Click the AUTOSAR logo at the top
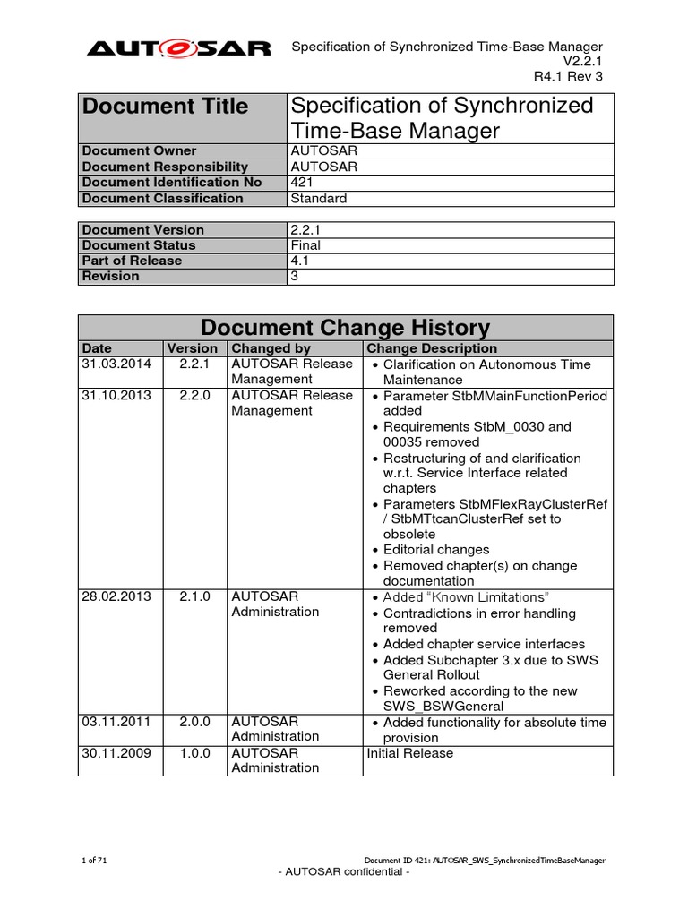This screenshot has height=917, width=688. point(178,49)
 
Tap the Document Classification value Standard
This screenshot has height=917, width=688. point(319,199)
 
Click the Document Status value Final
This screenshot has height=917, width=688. point(305,245)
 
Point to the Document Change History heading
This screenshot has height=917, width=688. point(345,328)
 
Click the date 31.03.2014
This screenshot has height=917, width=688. point(116,364)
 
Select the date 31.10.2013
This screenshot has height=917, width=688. point(116,395)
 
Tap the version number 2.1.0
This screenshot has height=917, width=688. point(193,596)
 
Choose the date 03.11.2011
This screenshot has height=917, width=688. point(116,722)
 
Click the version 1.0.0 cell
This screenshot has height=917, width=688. point(193,753)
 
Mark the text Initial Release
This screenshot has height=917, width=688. point(410,753)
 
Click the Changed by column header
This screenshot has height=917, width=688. point(271,348)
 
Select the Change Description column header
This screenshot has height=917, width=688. point(432,348)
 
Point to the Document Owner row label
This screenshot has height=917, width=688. point(139,151)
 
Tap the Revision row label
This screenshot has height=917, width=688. point(111,277)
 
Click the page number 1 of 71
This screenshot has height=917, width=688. point(94,861)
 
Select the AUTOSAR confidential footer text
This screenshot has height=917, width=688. point(344,873)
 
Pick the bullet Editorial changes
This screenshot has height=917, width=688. point(436,550)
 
